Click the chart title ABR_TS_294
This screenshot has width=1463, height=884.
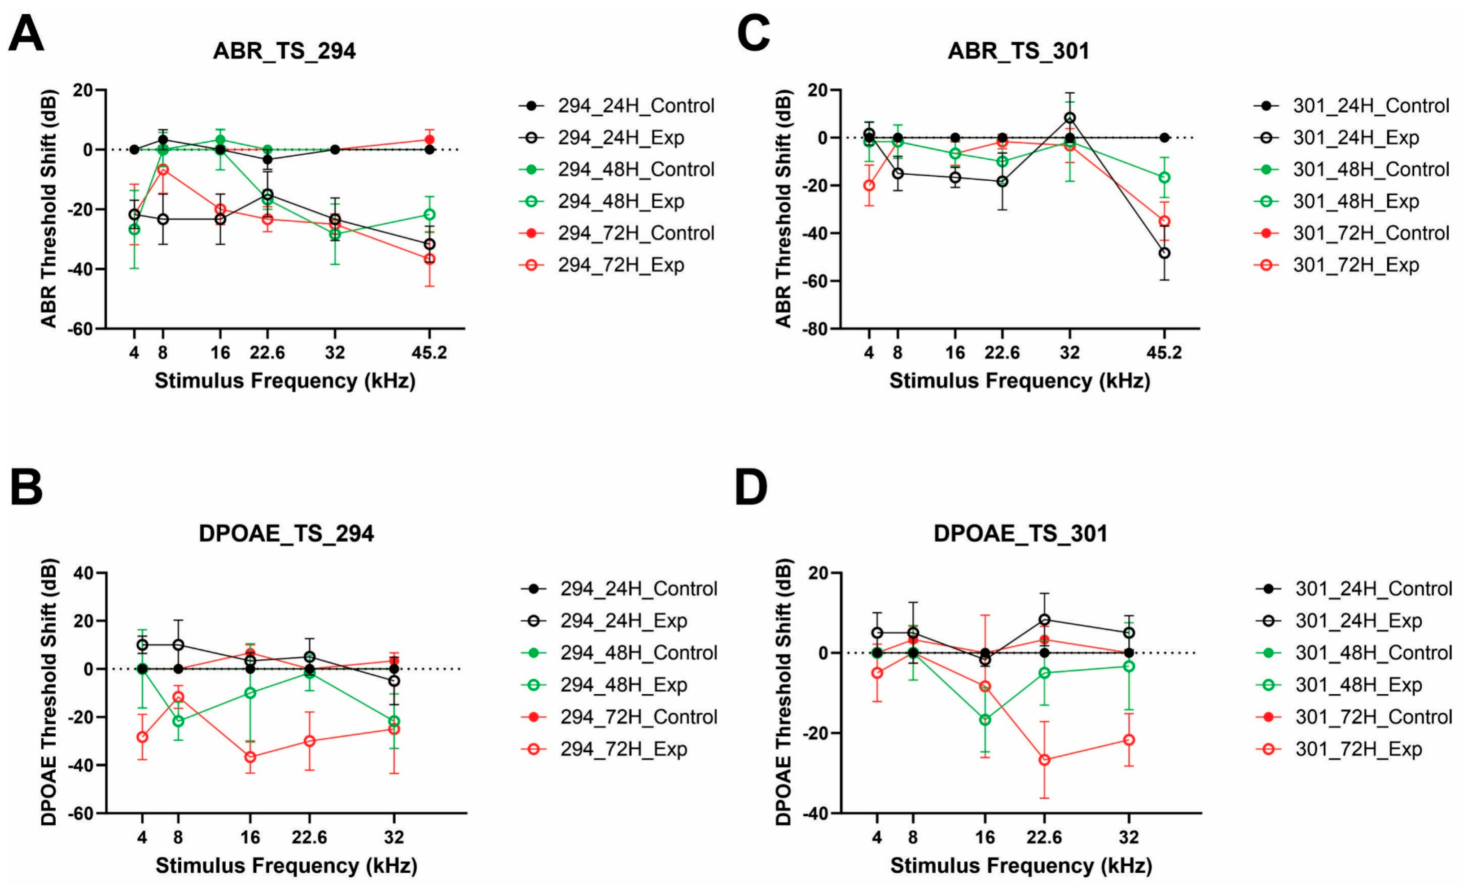click(x=285, y=51)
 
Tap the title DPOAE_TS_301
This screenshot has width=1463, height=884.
click(x=1020, y=533)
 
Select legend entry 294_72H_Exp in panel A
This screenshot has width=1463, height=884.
click(x=621, y=265)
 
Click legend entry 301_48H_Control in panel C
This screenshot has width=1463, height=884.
click(x=1371, y=169)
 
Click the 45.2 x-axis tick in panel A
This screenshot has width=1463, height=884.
click(x=429, y=353)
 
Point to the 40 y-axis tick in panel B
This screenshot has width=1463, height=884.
click(x=83, y=573)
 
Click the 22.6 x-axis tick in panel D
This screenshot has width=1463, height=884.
click(x=1044, y=837)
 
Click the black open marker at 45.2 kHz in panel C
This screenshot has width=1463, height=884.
click(x=1165, y=253)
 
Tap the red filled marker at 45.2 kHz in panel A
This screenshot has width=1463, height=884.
click(x=429, y=140)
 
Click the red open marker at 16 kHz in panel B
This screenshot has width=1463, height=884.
click(x=250, y=757)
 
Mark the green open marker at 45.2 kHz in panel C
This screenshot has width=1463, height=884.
click(x=1165, y=178)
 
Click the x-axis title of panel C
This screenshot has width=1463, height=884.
click(x=1020, y=381)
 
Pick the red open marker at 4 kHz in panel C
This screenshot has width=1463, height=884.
click(x=869, y=186)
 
